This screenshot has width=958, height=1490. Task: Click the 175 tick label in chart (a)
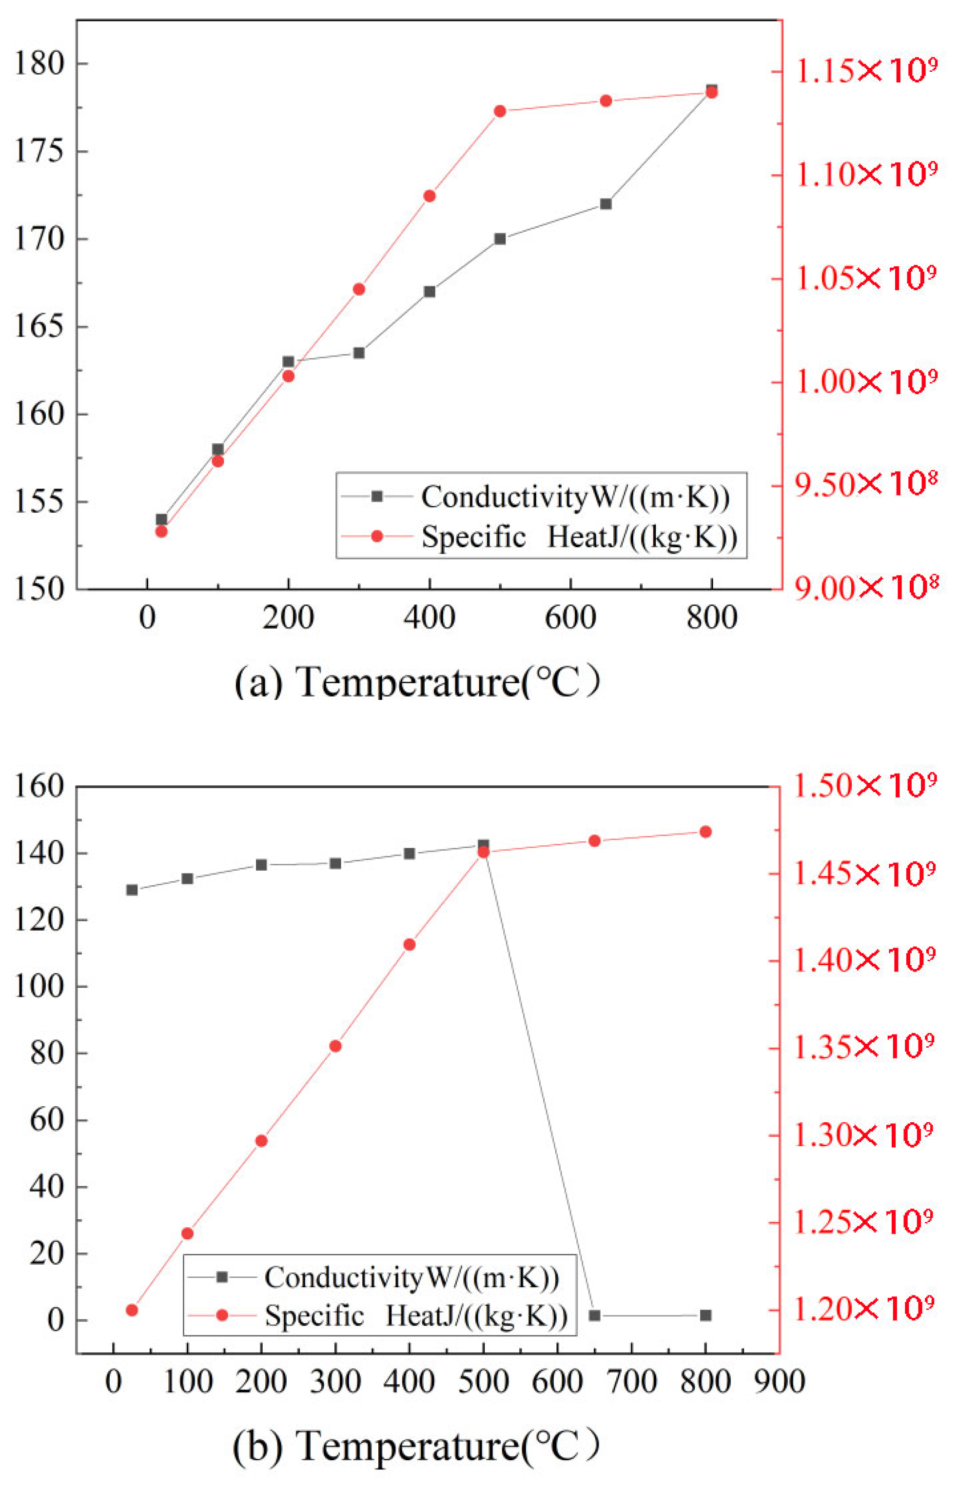coord(39,151)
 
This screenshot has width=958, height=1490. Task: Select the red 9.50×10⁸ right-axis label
coord(865,485)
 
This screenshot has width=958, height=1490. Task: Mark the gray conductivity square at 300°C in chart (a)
coord(359,353)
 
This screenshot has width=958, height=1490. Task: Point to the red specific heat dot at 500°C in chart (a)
coord(500,111)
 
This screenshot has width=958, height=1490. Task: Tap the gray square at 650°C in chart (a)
coord(606,204)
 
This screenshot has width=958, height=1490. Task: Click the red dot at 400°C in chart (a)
coord(429,196)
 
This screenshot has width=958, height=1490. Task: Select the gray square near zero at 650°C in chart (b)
coord(595,1315)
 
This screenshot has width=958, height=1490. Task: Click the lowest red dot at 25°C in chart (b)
coord(132,1310)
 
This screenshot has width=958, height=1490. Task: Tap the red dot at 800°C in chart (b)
coord(705,832)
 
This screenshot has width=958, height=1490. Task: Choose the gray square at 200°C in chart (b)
coord(261,865)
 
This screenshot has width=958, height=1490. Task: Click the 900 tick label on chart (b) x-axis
coord(780,1382)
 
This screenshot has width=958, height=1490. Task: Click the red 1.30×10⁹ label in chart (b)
coord(863,1135)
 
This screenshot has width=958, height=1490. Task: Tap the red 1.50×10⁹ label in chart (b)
coord(865,786)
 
